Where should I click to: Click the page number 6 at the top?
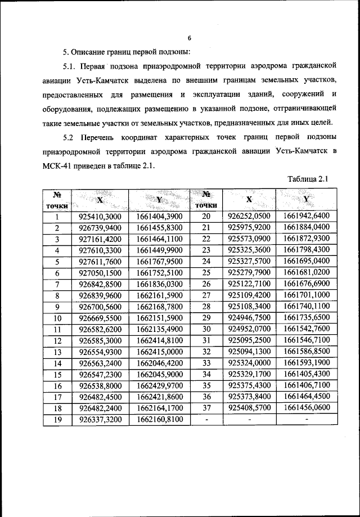(x=190, y=38)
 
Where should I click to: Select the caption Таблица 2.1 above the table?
(x=307, y=179)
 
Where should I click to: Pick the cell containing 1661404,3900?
(x=159, y=216)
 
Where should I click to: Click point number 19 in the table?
(x=57, y=419)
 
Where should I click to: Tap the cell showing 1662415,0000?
(x=159, y=352)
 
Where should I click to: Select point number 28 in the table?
(x=206, y=306)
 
